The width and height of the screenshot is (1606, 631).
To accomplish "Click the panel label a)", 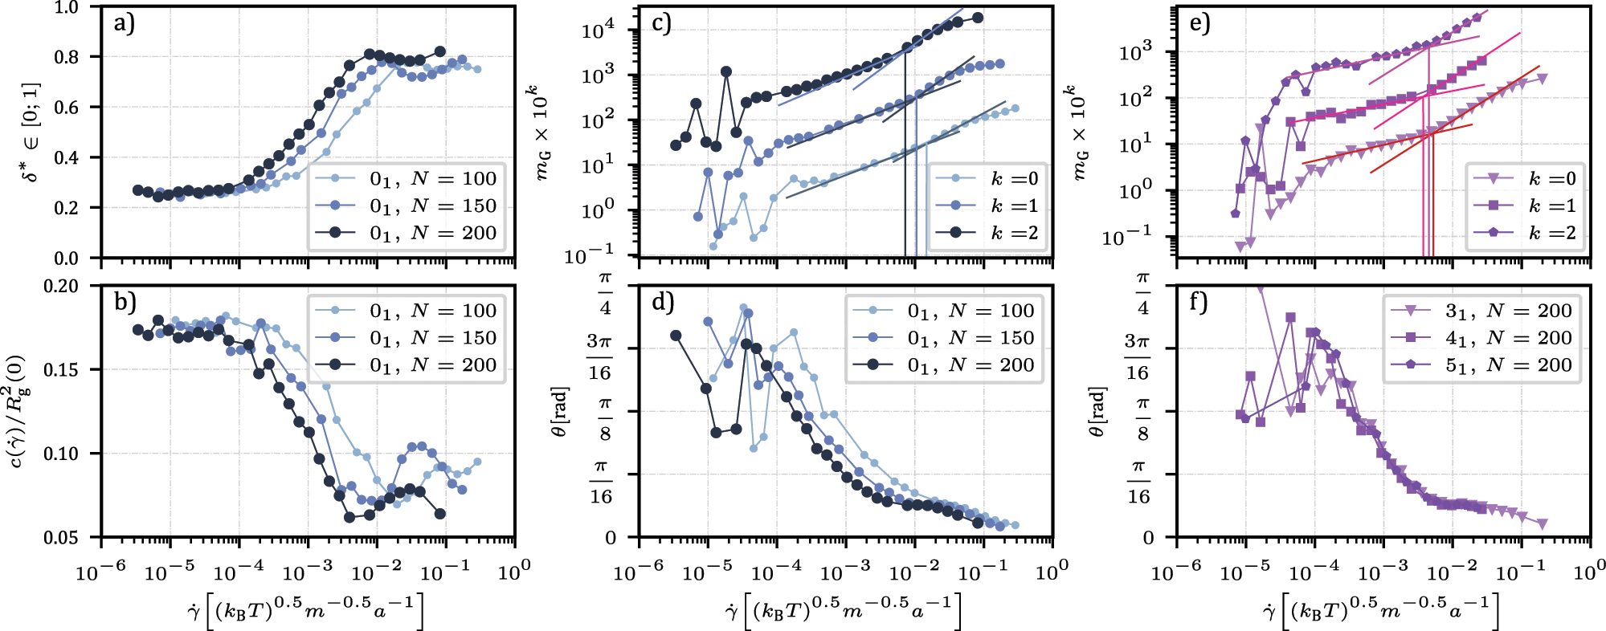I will [x=125, y=23].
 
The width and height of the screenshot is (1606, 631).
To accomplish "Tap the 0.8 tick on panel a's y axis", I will [x=67, y=57].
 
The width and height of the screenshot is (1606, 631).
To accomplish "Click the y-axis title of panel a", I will [x=31, y=132].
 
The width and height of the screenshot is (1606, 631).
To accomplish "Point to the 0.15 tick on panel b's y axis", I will [x=61, y=370].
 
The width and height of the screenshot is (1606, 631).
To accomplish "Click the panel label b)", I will [x=125, y=302].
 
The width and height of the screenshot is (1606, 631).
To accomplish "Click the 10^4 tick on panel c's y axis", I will [x=598, y=31].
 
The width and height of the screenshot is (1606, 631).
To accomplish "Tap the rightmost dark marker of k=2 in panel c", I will [x=978, y=18].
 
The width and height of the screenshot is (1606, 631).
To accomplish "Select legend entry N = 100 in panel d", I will [x=971, y=311].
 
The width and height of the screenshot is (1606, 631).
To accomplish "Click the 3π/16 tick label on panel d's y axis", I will [x=599, y=357].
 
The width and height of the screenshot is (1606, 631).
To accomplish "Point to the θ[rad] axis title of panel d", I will [x=560, y=411].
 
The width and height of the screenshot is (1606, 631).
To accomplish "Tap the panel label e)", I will [x=1200, y=23].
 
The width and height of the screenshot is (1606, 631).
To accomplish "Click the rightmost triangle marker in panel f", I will [x=1542, y=523].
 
